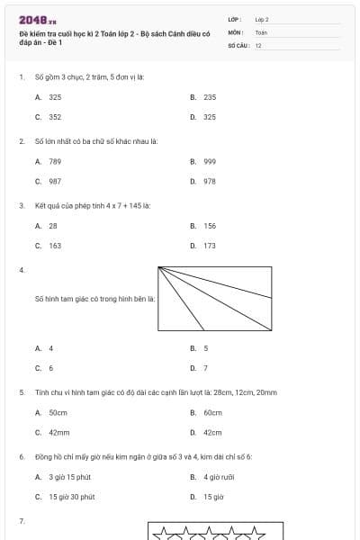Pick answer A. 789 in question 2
[49, 161]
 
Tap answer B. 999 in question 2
[204, 161]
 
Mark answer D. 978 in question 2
[204, 181]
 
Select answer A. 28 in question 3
[47, 226]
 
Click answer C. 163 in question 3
[49, 245]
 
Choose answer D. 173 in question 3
[204, 245]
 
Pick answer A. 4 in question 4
[45, 347]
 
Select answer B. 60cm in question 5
[207, 412]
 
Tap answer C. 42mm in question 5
[52, 432]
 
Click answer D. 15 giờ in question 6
[208, 496]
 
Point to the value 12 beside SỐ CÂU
[258, 45]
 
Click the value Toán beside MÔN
[261, 31]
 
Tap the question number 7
[21, 521]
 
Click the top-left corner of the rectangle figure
[158, 266]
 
